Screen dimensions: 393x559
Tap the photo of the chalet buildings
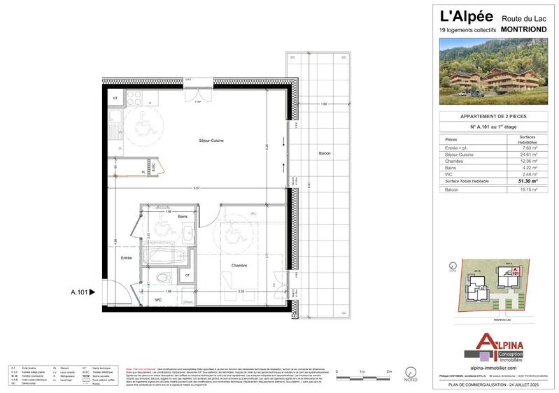point(497,72)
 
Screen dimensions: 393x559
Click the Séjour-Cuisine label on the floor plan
point(211,141)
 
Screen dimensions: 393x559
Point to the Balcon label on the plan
point(324,154)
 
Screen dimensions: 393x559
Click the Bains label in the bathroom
point(183,217)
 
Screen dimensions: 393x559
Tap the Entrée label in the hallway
point(127,258)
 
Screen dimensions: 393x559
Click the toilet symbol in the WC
point(162,278)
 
